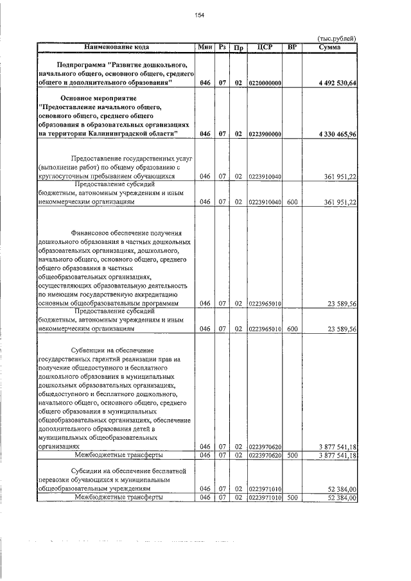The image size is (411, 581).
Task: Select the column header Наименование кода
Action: pos(116,48)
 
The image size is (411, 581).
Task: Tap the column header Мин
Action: pos(205,48)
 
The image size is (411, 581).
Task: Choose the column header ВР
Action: pos(292,48)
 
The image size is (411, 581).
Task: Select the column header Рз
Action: pos(222,48)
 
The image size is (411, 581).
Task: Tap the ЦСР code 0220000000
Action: pos(264,83)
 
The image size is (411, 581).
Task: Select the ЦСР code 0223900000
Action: pos(264,133)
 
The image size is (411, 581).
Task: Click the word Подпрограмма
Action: pos(81,65)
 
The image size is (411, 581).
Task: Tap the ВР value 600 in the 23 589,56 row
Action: pos(292,329)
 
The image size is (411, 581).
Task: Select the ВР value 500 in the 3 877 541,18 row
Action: pos(292,455)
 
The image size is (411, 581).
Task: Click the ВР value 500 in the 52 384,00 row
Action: pos(292,497)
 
